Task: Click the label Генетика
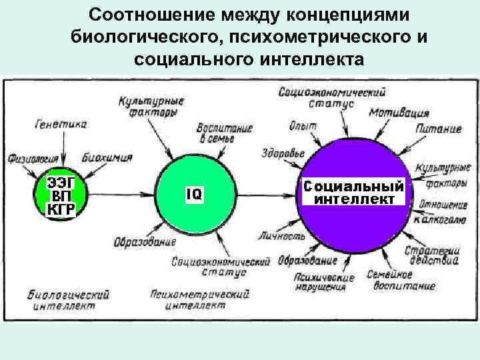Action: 63,123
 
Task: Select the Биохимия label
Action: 108,158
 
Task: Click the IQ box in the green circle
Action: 194,194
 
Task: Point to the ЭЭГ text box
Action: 61,182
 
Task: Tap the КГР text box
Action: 61,210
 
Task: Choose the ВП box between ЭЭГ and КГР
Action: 61,196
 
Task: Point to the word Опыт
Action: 303,126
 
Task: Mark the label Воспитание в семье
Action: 224,132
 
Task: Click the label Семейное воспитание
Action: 399,281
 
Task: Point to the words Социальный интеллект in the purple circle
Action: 353,193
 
